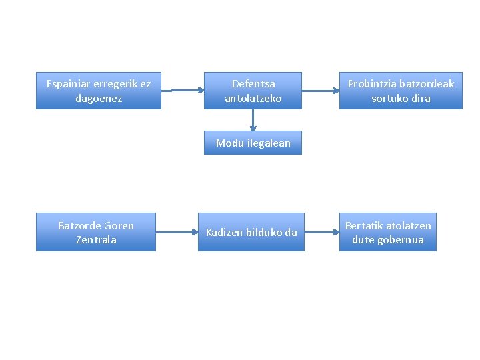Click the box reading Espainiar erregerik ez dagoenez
(x=99, y=91)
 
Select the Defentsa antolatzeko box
(x=253, y=91)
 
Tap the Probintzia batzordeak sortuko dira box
(x=401, y=91)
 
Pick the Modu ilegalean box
(x=253, y=143)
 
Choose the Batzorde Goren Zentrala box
(x=96, y=232)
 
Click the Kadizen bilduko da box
(x=251, y=232)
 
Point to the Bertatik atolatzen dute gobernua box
(x=388, y=232)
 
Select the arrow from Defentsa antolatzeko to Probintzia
(x=321, y=90)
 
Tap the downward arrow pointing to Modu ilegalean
(x=253, y=120)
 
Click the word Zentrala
(x=96, y=239)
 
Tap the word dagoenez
(x=99, y=98)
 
